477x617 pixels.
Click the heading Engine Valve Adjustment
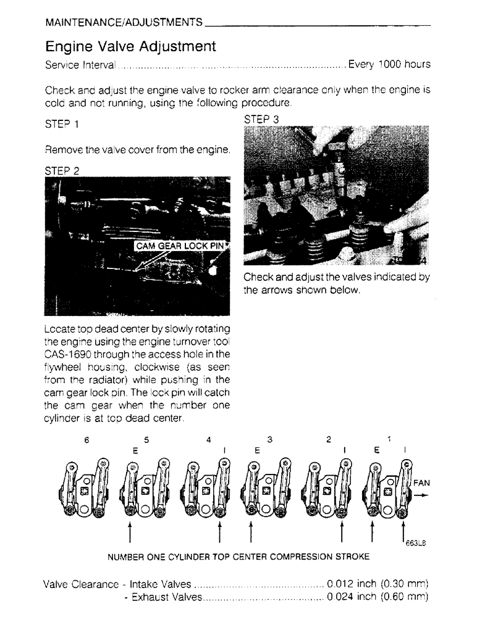[131, 46]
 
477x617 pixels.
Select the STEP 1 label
[62, 124]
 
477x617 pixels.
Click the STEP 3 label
[262, 119]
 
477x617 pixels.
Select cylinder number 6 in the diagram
[88, 440]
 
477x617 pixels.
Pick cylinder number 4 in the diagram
[209, 440]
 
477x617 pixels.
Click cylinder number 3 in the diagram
[269, 440]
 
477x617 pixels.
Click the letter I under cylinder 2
[344, 450]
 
